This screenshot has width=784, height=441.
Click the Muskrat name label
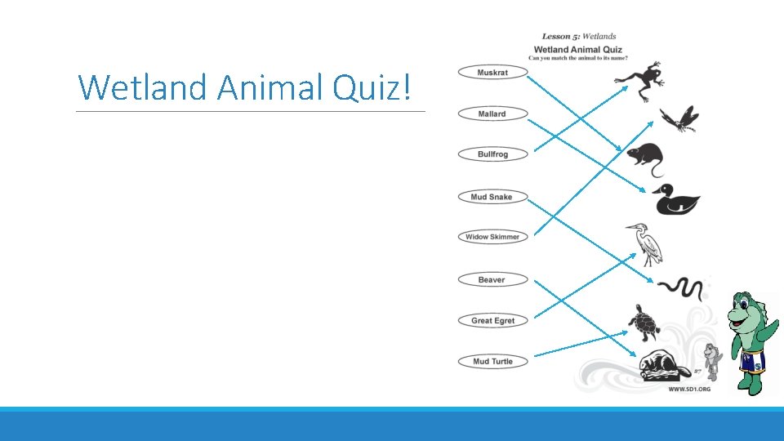(492, 73)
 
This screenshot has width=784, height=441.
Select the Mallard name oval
(492, 114)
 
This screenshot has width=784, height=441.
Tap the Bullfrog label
(492, 154)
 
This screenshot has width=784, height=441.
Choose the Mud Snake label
(492, 197)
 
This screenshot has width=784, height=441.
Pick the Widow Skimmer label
(492, 237)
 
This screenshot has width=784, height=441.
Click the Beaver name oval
(492, 279)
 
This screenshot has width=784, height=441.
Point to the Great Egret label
(492, 320)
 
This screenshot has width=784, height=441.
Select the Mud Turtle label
(492, 361)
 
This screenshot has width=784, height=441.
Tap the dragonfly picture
(679, 119)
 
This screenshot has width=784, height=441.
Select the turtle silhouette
(644, 323)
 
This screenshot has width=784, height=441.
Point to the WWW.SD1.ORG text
(689, 389)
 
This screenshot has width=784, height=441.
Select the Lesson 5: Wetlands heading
(578, 36)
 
